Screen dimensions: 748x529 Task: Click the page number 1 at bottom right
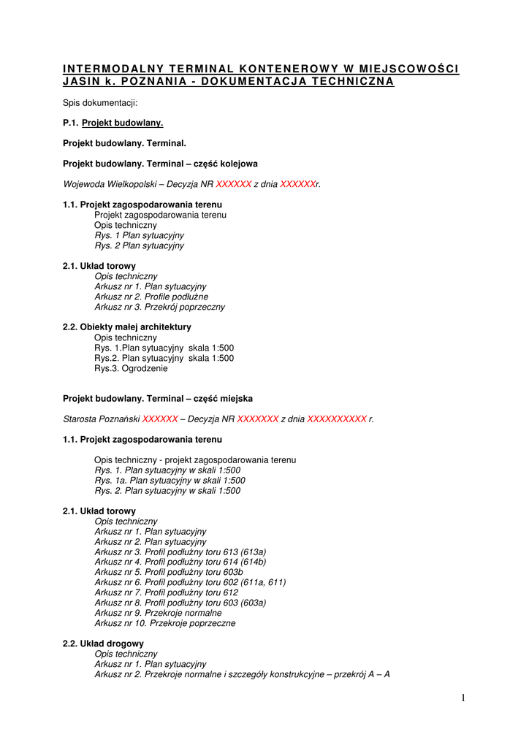click(x=463, y=698)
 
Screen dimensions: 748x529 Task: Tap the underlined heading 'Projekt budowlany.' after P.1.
click(x=122, y=123)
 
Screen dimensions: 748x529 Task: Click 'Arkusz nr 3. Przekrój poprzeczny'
click(x=160, y=308)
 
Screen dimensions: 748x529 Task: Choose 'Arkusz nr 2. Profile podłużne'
click(x=151, y=297)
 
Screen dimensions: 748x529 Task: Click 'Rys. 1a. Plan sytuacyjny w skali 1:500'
click(x=170, y=481)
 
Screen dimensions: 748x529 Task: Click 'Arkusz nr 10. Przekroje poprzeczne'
click(x=165, y=624)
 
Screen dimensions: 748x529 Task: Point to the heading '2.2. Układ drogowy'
click(x=103, y=644)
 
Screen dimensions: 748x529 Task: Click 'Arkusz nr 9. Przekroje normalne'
click(x=158, y=614)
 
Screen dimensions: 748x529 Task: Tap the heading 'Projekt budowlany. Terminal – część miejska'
click(x=158, y=399)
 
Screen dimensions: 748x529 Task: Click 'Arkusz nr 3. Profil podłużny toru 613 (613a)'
click(x=180, y=552)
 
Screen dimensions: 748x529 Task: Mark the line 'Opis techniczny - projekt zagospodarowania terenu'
click(x=195, y=460)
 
